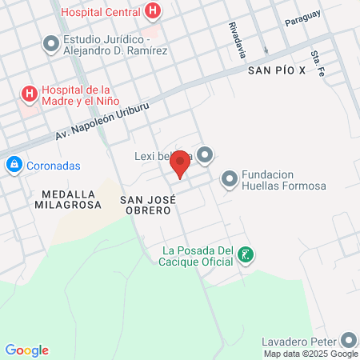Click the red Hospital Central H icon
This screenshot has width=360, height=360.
click(x=153, y=11)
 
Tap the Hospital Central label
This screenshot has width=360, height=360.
click(x=102, y=12)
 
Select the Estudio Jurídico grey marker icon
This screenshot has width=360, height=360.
click(x=51, y=44)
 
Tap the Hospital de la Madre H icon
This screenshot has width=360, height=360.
click(x=30, y=94)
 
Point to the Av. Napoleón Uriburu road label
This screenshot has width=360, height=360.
click(x=102, y=121)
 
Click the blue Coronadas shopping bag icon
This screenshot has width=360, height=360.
click(x=14, y=166)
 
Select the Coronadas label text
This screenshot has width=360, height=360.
click(x=50, y=166)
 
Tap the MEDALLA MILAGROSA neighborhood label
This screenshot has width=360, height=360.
click(x=68, y=198)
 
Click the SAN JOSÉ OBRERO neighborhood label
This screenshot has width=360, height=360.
click(x=146, y=204)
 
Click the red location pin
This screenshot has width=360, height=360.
click(x=181, y=163)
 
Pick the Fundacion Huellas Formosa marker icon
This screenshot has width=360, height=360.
click(x=230, y=179)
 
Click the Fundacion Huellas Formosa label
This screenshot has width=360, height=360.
click(x=283, y=180)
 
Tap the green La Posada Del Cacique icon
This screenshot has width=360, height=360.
click(x=246, y=255)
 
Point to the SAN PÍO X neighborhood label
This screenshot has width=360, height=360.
click(x=277, y=71)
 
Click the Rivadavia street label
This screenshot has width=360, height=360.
click(x=236, y=39)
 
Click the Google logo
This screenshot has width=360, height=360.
click(x=26, y=350)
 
